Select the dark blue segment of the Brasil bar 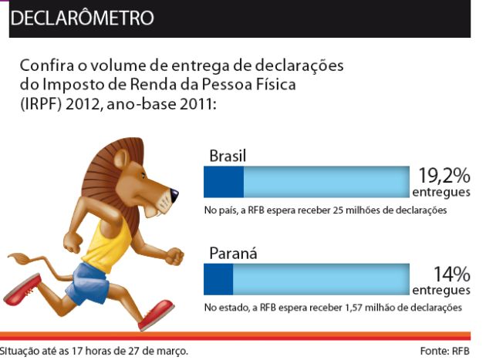(x=223, y=183)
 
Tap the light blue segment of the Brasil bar (x=326, y=183)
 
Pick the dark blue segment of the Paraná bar (x=218, y=279)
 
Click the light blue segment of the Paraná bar (x=321, y=279)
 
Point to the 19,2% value (x=444, y=177)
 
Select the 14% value (x=451, y=273)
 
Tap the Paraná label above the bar (x=232, y=254)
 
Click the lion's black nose (x=174, y=193)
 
